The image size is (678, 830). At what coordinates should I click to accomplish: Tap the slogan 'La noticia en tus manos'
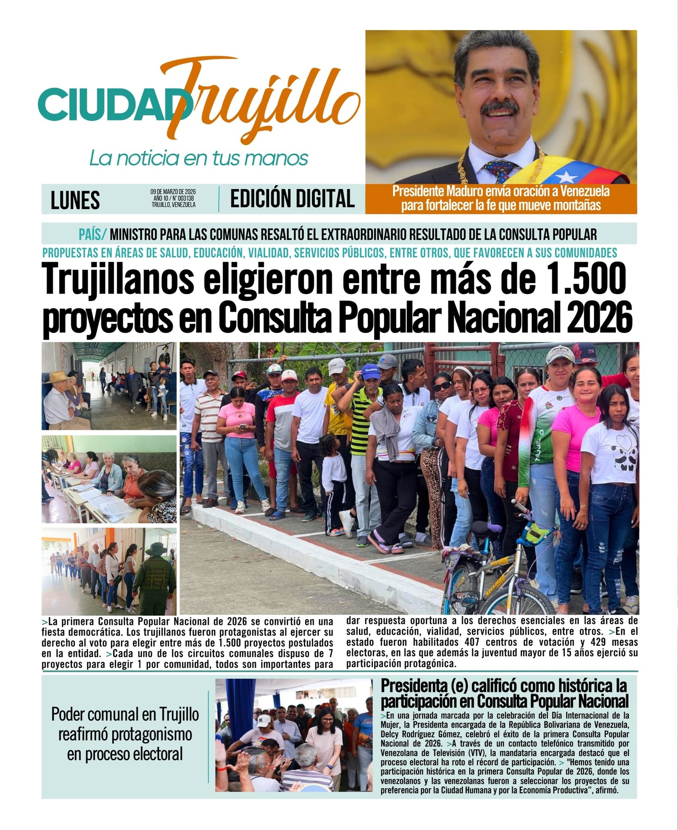pyautogui.click(x=198, y=158)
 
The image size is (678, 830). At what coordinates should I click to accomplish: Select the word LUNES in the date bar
pyautogui.click(x=75, y=200)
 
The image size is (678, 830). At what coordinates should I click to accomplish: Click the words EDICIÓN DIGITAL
pyautogui.click(x=292, y=199)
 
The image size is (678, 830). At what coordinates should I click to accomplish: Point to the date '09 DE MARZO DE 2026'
pyautogui.click(x=173, y=192)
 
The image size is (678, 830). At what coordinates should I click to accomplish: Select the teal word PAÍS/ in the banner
pyautogui.click(x=92, y=234)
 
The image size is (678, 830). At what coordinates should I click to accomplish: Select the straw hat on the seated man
pyautogui.click(x=57, y=376)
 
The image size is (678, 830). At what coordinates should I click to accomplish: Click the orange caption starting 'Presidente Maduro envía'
pyautogui.click(x=501, y=198)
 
